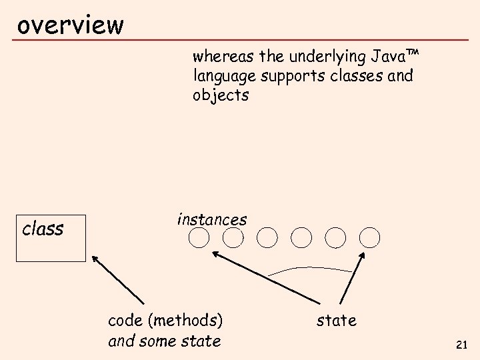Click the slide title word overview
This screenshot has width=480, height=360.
[x=70, y=25]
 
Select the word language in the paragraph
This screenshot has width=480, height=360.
[x=224, y=75]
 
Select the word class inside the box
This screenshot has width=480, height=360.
[x=43, y=229]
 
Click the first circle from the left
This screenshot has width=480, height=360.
[x=198, y=237]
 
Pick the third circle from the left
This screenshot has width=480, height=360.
[x=267, y=237]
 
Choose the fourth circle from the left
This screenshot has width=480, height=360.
[x=301, y=237]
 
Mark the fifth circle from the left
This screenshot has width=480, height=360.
[x=335, y=237]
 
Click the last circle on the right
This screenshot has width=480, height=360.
[x=370, y=237]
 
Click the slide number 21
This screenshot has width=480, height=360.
[x=461, y=345]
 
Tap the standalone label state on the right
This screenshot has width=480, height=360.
[x=336, y=321]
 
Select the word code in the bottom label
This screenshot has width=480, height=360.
[x=126, y=321]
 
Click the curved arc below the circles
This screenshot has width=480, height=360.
[x=310, y=268]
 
